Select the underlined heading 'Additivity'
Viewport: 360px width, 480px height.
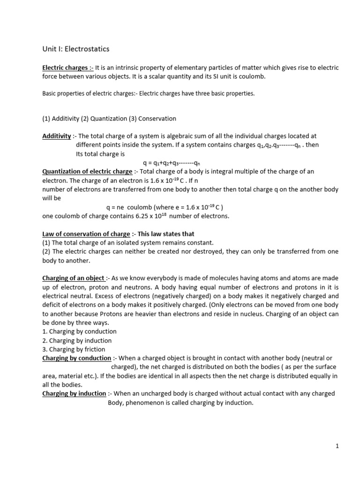pos(57,135)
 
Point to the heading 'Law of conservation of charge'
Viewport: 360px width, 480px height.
pos(86,233)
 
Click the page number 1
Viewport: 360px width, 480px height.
pos(337,446)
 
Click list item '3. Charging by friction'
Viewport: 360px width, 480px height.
pos(74,349)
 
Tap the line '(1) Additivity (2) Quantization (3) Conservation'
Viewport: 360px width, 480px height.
pos(109,118)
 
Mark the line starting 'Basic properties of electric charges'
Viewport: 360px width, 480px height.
pos(148,93)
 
